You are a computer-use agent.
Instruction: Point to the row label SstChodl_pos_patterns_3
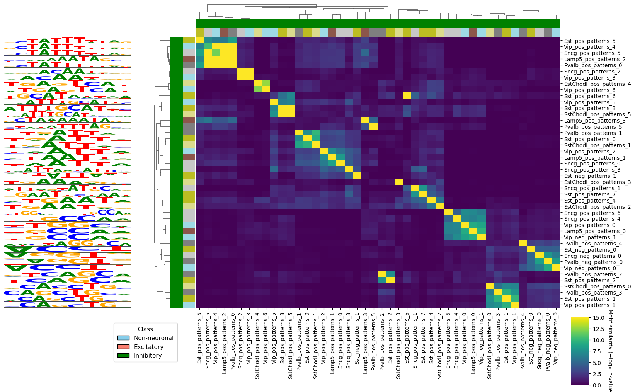click(x=597, y=182)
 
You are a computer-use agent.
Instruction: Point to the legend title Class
click(x=145, y=329)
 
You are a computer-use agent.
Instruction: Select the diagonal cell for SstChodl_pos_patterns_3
click(x=398, y=182)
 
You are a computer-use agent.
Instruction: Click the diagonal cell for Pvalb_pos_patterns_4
click(x=523, y=244)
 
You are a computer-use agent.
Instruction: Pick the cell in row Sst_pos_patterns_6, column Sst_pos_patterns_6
click(x=407, y=96)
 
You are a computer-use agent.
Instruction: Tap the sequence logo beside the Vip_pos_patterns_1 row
click(x=68, y=305)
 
